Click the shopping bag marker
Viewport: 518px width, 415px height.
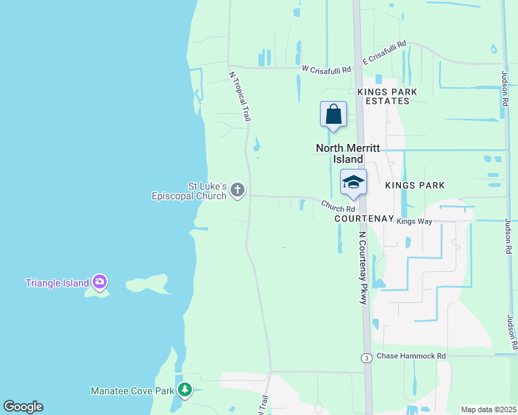tap(333, 114)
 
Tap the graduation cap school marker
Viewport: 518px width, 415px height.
tap(353, 183)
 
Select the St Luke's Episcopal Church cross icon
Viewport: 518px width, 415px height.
tap(238, 190)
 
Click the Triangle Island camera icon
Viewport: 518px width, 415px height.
tap(100, 282)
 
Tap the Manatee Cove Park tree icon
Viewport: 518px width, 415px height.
tap(184, 390)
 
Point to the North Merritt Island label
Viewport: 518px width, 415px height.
tap(339, 154)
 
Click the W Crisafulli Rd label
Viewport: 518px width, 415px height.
tap(327, 69)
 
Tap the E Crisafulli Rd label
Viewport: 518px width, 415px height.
tap(382, 46)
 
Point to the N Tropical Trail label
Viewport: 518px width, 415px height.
tap(240, 95)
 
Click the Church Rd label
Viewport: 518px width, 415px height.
tap(338, 206)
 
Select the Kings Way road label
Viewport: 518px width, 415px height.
tap(414, 221)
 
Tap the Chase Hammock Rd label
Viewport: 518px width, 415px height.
tap(411, 356)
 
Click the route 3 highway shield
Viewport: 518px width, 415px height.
tap(366, 357)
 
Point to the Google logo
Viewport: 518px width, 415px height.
tap(23, 407)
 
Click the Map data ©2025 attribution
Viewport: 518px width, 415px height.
tap(488, 409)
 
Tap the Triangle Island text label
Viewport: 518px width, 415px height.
tap(57, 283)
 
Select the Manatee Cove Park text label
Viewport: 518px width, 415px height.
tap(132, 391)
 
